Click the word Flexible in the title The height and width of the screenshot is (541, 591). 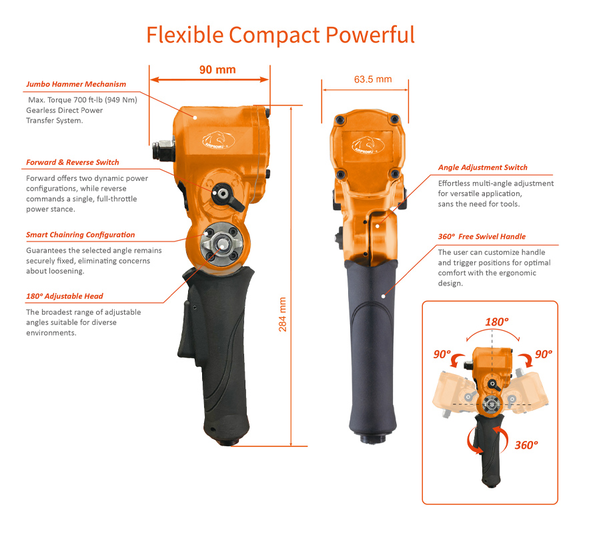point(185,35)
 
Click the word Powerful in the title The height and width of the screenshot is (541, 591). point(370,35)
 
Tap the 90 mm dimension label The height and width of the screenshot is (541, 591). point(217,70)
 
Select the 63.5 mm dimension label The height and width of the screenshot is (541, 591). point(373,79)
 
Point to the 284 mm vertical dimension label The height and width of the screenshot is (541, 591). point(282,314)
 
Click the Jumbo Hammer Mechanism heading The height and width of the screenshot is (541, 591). point(76,84)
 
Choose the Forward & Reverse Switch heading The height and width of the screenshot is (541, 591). point(72,162)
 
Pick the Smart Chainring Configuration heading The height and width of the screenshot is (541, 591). point(80,235)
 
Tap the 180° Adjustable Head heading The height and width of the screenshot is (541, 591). point(65,296)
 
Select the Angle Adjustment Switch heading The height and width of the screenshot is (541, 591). point(482,167)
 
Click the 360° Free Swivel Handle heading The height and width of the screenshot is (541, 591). point(482,236)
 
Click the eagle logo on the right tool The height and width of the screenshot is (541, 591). point(368,145)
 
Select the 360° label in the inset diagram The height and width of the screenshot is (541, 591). point(526,445)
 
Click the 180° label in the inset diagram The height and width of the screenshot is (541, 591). point(496,322)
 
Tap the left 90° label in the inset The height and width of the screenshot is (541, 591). point(442,354)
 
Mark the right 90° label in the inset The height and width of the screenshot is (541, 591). point(544,354)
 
